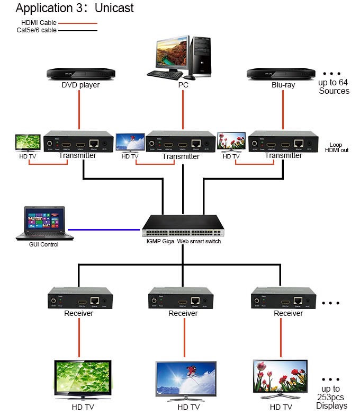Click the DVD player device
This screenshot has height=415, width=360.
[80, 73]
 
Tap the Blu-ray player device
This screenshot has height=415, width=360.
[283, 73]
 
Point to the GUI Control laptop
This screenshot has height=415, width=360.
[43, 223]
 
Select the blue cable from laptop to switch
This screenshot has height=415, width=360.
[104, 229]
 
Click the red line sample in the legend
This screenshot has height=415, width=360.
[77, 23]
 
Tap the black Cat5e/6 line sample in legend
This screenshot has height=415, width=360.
[77, 30]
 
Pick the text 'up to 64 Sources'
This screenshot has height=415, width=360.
[334, 86]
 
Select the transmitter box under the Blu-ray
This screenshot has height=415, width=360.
[283, 142]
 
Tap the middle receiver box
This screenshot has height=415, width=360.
[183, 298]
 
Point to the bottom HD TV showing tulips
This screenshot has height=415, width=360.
[281, 377]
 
